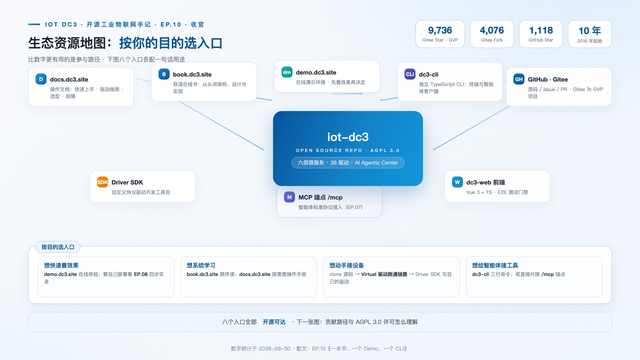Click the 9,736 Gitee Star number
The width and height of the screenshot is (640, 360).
pyautogui.click(x=440, y=30)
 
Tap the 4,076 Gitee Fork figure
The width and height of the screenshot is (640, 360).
pyautogui.click(x=492, y=30)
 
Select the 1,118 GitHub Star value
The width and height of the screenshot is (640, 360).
pyautogui.click(x=541, y=30)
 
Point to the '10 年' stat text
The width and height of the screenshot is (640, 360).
pyautogui.click(x=590, y=30)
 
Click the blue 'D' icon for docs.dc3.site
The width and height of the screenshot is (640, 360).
pyautogui.click(x=41, y=79)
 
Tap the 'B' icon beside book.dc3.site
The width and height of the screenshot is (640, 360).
pyautogui.click(x=164, y=74)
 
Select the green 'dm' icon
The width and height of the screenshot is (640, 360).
pyautogui.click(x=287, y=72)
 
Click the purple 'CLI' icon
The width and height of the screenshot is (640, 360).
pyautogui.click(x=410, y=74)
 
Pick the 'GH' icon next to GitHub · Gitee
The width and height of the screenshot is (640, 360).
pyautogui.click(x=519, y=79)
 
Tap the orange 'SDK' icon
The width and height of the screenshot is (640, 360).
pyautogui.click(x=102, y=182)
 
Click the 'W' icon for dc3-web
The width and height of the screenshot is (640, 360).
pyautogui.click(x=457, y=182)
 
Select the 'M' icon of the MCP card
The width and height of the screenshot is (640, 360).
pyautogui.click(x=290, y=197)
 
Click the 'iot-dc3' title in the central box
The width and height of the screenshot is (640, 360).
pyautogui.click(x=348, y=137)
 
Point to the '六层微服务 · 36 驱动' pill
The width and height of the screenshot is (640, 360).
pyautogui.click(x=348, y=162)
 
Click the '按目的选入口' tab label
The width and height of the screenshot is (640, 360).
pyautogui.click(x=58, y=247)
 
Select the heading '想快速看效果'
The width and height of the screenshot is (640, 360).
pyautogui.click(x=61, y=266)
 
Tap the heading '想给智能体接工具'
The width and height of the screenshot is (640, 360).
pyautogui.click(x=495, y=266)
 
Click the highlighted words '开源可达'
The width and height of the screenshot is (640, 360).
pyautogui.click(x=274, y=322)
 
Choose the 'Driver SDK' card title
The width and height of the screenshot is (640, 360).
pyautogui.click(x=127, y=182)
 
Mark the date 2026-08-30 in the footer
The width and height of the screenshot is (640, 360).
pyautogui.click(x=274, y=348)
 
